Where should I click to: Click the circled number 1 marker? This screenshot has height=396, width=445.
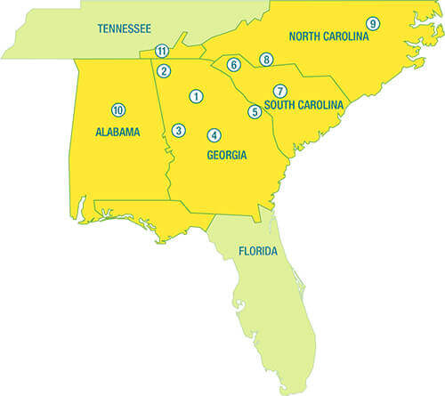coord(194,95)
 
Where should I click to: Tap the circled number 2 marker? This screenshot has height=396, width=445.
coord(164,71)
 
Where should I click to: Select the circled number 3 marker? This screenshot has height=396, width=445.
coord(179,131)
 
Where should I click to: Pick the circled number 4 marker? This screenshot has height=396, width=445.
coord(214,135)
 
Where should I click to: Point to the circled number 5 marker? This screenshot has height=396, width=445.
coord(255,111)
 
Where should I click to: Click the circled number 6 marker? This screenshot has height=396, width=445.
coord(233,65)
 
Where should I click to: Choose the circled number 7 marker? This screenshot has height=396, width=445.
coord(279,91)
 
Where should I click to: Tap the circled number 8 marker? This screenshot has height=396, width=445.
coord(265,60)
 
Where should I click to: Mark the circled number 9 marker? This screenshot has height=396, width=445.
coord(372,22)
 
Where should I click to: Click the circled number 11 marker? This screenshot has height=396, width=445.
coord(161,52)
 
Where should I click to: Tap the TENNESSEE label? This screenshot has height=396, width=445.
coord(123,28)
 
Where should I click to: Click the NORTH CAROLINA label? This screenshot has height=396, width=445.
coord(328,36)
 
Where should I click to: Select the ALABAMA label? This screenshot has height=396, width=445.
coord(117,133)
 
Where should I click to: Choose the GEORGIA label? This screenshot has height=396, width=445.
coord(226,153)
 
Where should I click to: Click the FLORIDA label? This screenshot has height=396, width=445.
coord(258,252)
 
